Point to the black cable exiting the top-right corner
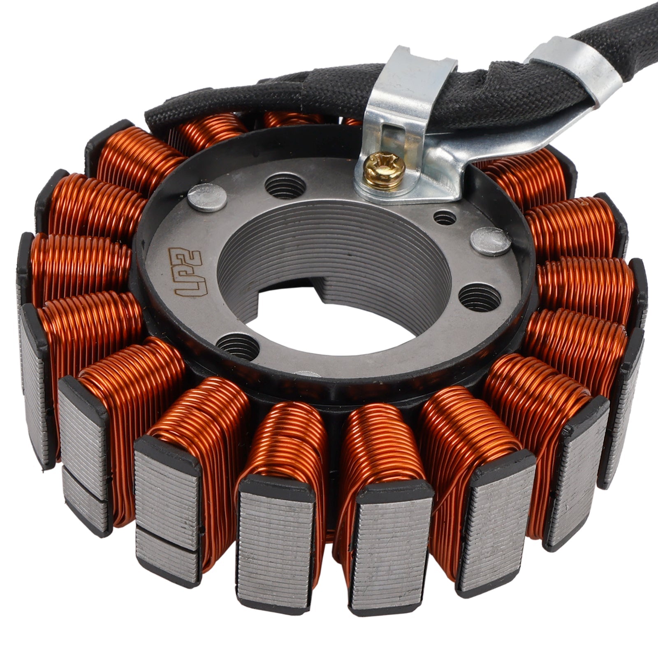(x=625, y=25)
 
